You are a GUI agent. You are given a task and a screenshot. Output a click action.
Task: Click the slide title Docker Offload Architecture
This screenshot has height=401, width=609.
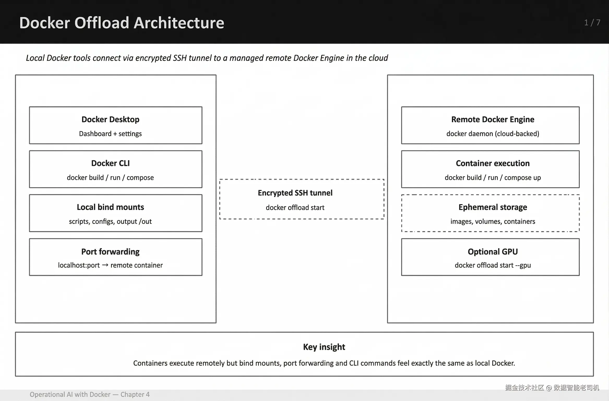click(x=122, y=23)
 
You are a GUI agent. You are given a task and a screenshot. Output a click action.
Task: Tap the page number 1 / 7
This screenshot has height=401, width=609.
click(x=592, y=23)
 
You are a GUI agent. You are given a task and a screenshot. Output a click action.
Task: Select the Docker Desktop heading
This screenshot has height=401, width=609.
click(x=110, y=119)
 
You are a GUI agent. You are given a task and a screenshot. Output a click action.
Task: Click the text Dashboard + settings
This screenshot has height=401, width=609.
click(x=110, y=134)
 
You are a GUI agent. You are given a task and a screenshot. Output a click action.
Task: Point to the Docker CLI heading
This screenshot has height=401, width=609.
click(x=110, y=163)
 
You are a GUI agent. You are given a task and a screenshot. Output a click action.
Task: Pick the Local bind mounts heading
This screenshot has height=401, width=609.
click(x=110, y=207)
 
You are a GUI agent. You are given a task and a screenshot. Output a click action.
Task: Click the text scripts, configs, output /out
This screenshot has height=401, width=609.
click(x=110, y=221)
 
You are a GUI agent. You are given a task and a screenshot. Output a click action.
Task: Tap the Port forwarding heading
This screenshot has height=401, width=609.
click(x=110, y=251)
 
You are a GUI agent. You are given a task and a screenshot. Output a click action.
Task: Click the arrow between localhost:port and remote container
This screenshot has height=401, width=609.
click(x=105, y=265)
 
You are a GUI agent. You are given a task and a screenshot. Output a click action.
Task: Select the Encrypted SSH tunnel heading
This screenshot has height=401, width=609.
click(x=295, y=193)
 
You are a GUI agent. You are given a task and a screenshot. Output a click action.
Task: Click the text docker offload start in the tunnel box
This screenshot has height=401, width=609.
click(x=295, y=208)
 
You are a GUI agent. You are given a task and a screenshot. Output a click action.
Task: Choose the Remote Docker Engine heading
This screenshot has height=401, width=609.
click(x=493, y=119)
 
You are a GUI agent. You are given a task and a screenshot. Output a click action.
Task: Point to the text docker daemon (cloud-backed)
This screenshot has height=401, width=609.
click(x=493, y=134)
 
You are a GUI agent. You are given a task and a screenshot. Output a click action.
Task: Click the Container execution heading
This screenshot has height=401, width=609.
click(x=493, y=163)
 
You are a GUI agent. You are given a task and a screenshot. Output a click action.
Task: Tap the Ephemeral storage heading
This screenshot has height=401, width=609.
click(x=493, y=207)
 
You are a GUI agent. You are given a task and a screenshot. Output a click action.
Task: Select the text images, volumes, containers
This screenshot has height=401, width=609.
click(x=493, y=221)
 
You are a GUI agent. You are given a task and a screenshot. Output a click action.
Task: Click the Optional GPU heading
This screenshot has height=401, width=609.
click(x=493, y=251)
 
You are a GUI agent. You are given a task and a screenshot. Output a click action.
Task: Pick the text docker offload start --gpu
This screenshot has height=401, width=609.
click(x=493, y=265)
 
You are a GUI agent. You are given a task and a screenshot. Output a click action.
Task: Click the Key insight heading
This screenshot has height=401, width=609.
click(x=324, y=347)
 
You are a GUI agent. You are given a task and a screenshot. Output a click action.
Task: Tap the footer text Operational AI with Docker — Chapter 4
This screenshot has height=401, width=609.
click(x=90, y=394)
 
